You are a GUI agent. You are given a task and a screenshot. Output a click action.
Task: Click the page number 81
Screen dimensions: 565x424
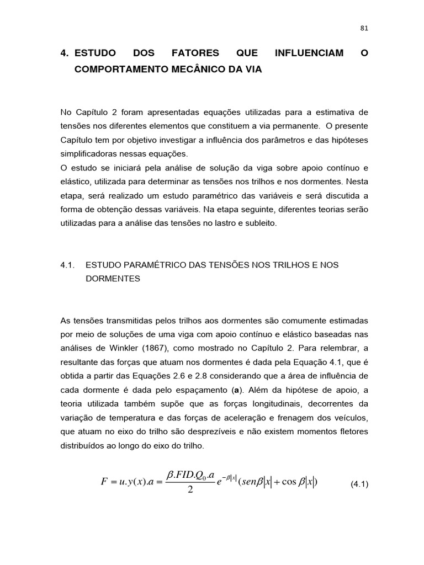point(364,29)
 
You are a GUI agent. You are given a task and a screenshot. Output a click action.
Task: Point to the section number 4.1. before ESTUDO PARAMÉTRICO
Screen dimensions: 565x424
point(67,265)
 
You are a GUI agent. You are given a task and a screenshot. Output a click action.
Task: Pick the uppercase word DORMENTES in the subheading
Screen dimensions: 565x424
point(113,279)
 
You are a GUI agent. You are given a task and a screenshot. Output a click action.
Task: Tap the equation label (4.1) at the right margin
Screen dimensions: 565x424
point(359,484)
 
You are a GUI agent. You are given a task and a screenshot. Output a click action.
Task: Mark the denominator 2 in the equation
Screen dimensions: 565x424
point(190,491)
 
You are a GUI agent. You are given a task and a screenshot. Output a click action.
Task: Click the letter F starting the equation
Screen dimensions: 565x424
point(104,482)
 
